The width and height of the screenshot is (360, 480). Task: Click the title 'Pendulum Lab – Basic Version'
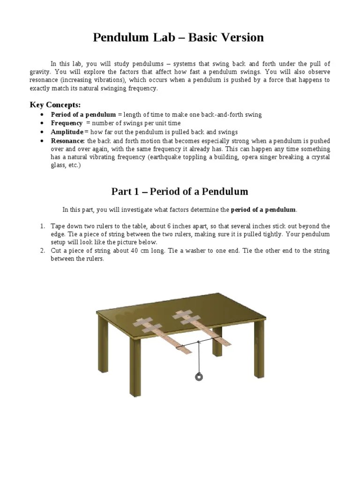click(x=178, y=37)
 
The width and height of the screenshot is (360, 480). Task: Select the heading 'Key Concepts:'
click(x=55, y=104)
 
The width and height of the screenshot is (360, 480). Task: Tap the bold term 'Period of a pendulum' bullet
click(x=83, y=115)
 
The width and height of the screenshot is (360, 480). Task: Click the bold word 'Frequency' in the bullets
click(x=67, y=123)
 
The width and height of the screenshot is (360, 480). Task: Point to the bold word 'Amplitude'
click(x=67, y=132)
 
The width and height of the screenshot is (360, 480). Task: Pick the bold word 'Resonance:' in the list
click(x=68, y=141)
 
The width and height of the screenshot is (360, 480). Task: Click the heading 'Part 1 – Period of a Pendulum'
click(x=180, y=191)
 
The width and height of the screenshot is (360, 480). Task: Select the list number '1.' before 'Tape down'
click(x=42, y=226)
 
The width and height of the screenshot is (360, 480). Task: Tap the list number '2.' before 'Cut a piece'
click(x=42, y=251)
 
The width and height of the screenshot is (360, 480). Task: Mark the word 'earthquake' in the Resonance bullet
click(x=164, y=157)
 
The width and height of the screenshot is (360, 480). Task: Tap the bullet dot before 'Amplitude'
click(x=43, y=132)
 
